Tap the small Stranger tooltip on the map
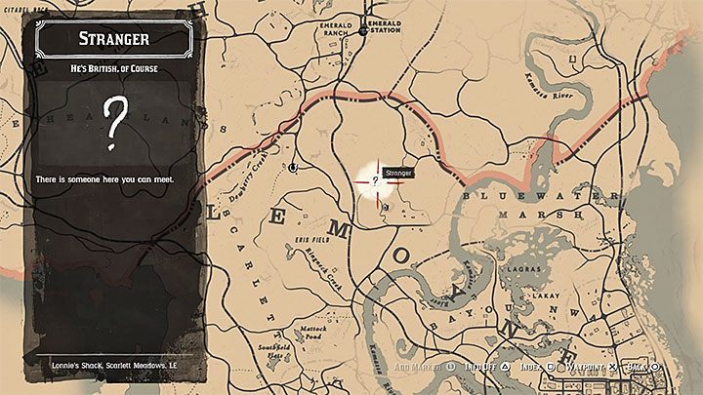point(399,172)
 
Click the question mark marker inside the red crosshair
point(375,180)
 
